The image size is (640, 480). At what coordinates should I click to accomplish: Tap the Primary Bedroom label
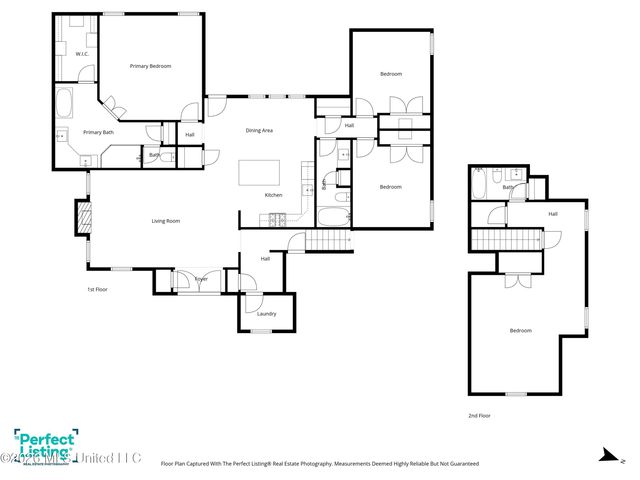pos(151,66)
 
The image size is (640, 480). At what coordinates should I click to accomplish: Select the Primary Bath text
pos(98,132)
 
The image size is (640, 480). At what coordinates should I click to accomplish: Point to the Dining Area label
pos(260,131)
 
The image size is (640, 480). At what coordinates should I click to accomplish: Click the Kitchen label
pos(273,194)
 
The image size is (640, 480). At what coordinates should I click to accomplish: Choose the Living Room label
pos(165,221)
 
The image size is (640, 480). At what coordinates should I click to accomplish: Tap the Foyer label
pos(200,279)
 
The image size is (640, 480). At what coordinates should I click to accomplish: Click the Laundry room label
pos(266,314)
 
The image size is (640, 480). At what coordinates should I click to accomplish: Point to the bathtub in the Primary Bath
pos(64,103)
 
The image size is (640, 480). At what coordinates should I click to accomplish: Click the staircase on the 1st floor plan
pos(326,240)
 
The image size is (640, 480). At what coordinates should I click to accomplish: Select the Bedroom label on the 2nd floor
pos(520,330)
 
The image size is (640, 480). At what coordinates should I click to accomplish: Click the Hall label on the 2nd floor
pos(553,213)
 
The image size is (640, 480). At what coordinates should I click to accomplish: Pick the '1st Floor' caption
pos(97,290)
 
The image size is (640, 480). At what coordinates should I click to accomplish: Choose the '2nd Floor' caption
pos(481,415)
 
